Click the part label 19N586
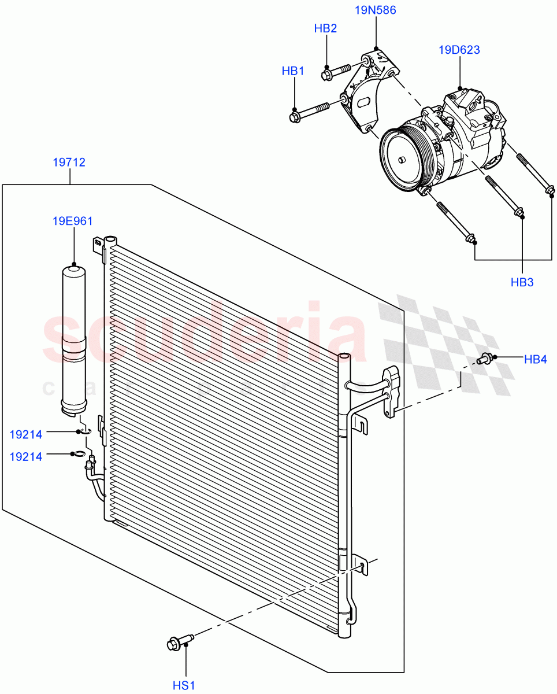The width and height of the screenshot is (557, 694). [376, 10]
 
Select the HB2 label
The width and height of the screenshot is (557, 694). [325, 29]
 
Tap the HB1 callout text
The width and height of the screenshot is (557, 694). [293, 71]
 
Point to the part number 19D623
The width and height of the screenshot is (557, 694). [459, 50]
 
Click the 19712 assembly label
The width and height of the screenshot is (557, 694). [69, 163]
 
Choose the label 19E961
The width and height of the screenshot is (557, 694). [73, 221]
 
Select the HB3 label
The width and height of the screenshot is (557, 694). [522, 282]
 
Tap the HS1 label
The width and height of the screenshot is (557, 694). [184, 685]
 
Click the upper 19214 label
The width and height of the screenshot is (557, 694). [26, 433]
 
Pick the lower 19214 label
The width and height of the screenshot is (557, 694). [26, 456]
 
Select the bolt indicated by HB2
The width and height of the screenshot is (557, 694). [337, 71]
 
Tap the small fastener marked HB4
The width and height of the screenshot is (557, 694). [484, 359]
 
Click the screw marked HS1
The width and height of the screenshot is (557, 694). [180, 641]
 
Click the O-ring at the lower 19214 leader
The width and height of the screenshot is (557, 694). [78, 454]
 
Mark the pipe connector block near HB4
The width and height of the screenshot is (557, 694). [392, 392]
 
